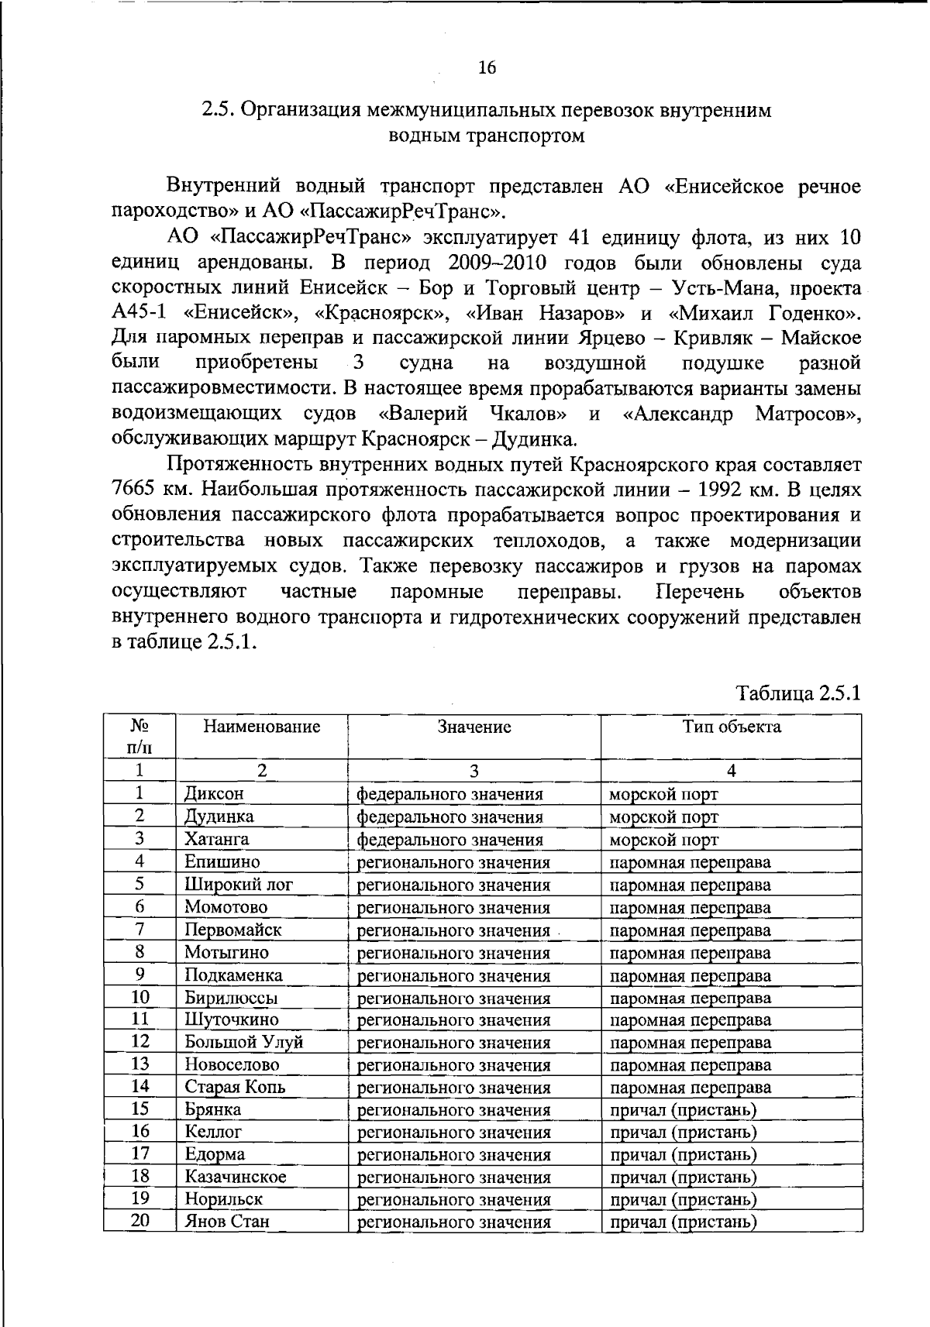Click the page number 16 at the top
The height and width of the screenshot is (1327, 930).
pyautogui.click(x=487, y=68)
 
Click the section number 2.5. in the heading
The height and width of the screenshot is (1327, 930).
pyautogui.click(x=218, y=110)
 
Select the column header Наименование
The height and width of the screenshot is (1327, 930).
pyautogui.click(x=261, y=727)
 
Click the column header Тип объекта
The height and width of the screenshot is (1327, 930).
pyautogui.click(x=731, y=727)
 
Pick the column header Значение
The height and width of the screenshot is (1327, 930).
pyautogui.click(x=474, y=727)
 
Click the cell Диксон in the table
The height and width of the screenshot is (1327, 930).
pyautogui.click(x=214, y=794)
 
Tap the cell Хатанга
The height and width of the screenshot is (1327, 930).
pyautogui.click(x=216, y=839)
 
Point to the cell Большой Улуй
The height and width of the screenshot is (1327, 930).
pyautogui.click(x=243, y=1043)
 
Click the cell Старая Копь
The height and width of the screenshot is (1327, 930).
pyautogui.click(x=235, y=1088)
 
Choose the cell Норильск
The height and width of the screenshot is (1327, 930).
pyautogui.click(x=223, y=1200)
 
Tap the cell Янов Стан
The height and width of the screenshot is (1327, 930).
pyautogui.click(x=226, y=1222)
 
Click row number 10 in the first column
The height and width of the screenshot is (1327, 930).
pyautogui.click(x=140, y=997)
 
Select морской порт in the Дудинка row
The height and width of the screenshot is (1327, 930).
pyautogui.click(x=663, y=816)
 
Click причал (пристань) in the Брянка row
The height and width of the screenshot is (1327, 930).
pyautogui.click(x=684, y=1110)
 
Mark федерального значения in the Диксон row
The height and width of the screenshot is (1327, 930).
pyautogui.click(x=449, y=794)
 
